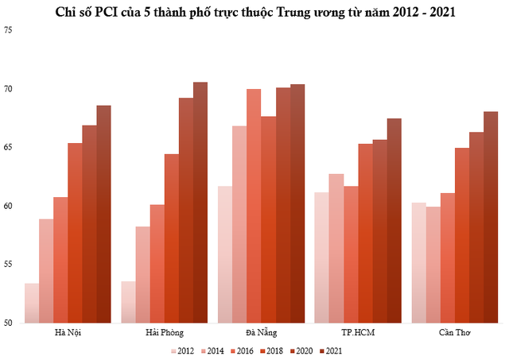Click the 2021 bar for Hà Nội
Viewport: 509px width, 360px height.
103,215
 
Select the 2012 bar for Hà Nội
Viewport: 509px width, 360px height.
32,303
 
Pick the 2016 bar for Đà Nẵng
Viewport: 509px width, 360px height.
254,206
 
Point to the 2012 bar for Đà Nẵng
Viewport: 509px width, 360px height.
224,254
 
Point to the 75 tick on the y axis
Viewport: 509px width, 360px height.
9,29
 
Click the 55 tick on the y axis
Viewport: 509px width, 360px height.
9,265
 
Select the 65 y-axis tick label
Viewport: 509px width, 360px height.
9,147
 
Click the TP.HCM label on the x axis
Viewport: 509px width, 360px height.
358,332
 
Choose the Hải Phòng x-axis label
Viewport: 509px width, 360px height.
165,332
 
